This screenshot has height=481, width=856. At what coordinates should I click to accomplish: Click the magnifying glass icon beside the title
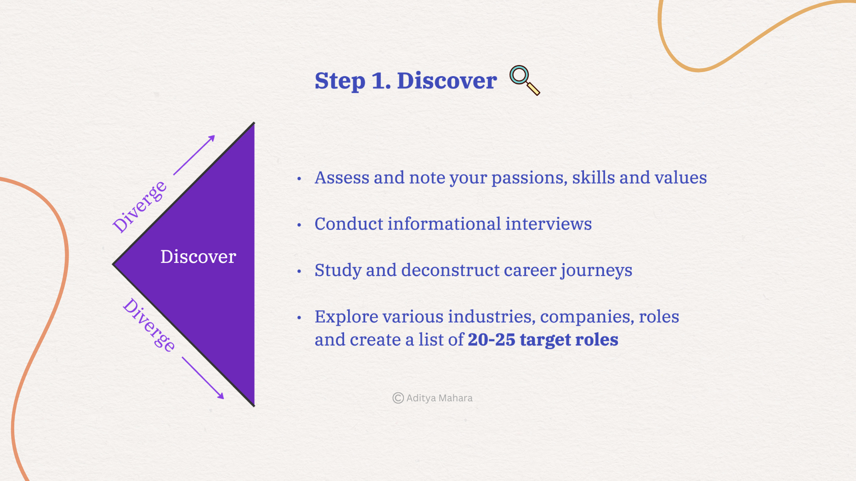[x=524, y=80]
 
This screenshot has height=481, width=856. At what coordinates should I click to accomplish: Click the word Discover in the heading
[x=446, y=81]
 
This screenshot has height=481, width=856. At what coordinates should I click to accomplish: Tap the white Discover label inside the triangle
[x=198, y=257]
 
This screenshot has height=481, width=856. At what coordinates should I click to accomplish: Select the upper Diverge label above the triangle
[x=140, y=207]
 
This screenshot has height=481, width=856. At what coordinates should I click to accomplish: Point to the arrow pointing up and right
[x=194, y=155]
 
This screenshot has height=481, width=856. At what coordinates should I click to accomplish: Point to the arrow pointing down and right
[x=203, y=378]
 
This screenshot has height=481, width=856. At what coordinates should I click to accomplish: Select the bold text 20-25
[x=491, y=340]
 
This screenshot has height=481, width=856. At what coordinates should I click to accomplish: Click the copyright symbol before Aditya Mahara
[x=398, y=398]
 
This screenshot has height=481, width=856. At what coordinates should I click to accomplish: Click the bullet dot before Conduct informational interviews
[x=299, y=225]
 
